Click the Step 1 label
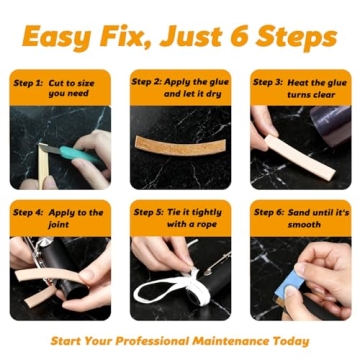point(28,83)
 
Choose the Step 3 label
point(268,83)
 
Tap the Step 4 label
point(28,213)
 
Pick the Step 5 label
point(149,213)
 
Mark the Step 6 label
point(268,213)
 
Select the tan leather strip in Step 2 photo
point(179,141)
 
